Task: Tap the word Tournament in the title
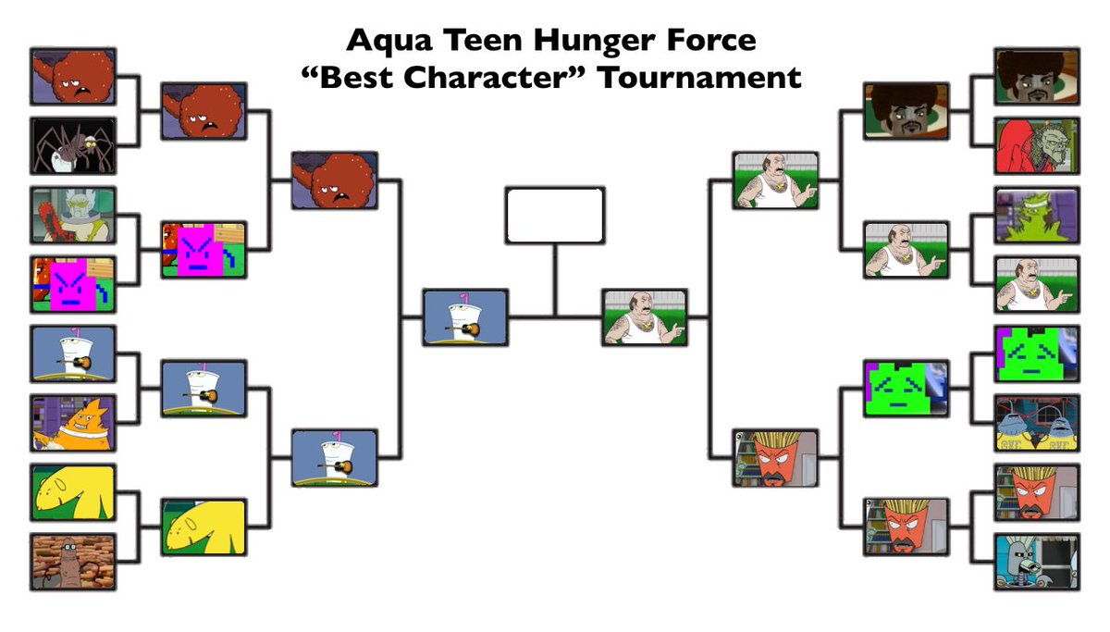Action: (x=698, y=78)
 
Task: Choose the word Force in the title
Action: (x=715, y=41)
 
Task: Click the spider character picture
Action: (x=73, y=145)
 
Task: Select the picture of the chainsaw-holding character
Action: (x=73, y=215)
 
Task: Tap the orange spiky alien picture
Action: (x=73, y=423)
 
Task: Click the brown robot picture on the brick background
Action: (x=73, y=561)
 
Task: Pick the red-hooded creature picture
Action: (x=1037, y=145)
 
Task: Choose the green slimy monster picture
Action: (x=1037, y=215)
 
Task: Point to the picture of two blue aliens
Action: (x=1037, y=423)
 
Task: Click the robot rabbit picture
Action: (x=1037, y=561)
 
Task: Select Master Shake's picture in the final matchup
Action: (x=465, y=317)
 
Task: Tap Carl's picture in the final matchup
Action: (x=645, y=317)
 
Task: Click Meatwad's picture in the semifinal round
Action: (x=334, y=180)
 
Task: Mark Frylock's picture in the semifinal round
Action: (x=775, y=457)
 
